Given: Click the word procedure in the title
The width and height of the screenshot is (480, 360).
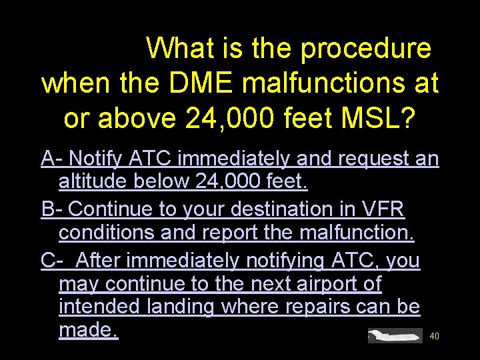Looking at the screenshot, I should click(x=365, y=49).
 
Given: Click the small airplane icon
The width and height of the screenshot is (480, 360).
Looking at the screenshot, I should click(x=395, y=335).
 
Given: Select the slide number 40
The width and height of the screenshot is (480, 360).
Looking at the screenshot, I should click(x=434, y=337).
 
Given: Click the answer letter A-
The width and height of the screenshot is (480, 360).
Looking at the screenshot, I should click(x=52, y=159).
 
